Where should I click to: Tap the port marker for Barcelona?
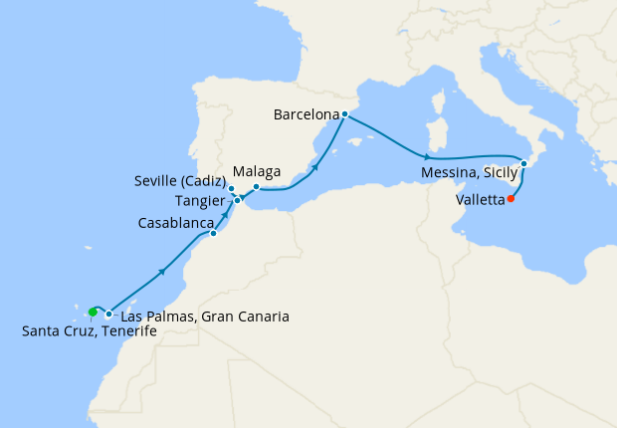[x=344, y=114]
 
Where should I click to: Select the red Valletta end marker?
[x=511, y=198]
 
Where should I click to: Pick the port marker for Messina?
[x=523, y=163]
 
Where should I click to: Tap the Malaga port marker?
[x=256, y=187]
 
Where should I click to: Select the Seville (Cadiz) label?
[x=179, y=182]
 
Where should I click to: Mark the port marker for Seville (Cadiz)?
[x=231, y=189]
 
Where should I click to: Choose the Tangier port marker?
[x=238, y=200]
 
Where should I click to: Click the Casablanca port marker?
[x=213, y=234]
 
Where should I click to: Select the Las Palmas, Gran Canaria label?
[x=204, y=318]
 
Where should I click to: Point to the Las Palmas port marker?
[x=108, y=315]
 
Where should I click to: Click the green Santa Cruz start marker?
[x=93, y=312]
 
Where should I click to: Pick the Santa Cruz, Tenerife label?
[x=90, y=331]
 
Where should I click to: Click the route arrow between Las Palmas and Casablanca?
[x=162, y=271]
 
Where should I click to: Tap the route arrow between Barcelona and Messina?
[x=427, y=158]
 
